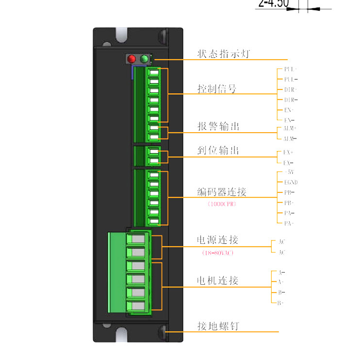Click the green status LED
(x=144, y=59)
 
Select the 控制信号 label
(x=217, y=89)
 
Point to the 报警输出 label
(x=218, y=127)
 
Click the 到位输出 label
(x=218, y=151)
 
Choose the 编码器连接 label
(x=222, y=192)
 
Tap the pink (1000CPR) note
(x=221, y=204)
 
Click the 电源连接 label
(x=217, y=240)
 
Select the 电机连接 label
(x=217, y=281)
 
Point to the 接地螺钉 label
(x=218, y=326)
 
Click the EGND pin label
(x=291, y=182)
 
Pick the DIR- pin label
(x=291, y=100)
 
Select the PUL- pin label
(x=291, y=79)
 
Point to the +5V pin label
(x=289, y=172)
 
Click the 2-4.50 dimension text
(x=274, y=4)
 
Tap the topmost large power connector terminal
(x=137, y=240)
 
